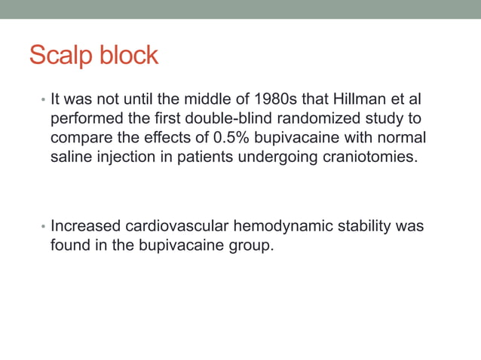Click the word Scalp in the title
pos(63,56)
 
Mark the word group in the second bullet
pos(247,246)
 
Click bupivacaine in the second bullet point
pos(176,246)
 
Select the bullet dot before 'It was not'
pos(43,101)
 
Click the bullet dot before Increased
pos(43,227)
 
